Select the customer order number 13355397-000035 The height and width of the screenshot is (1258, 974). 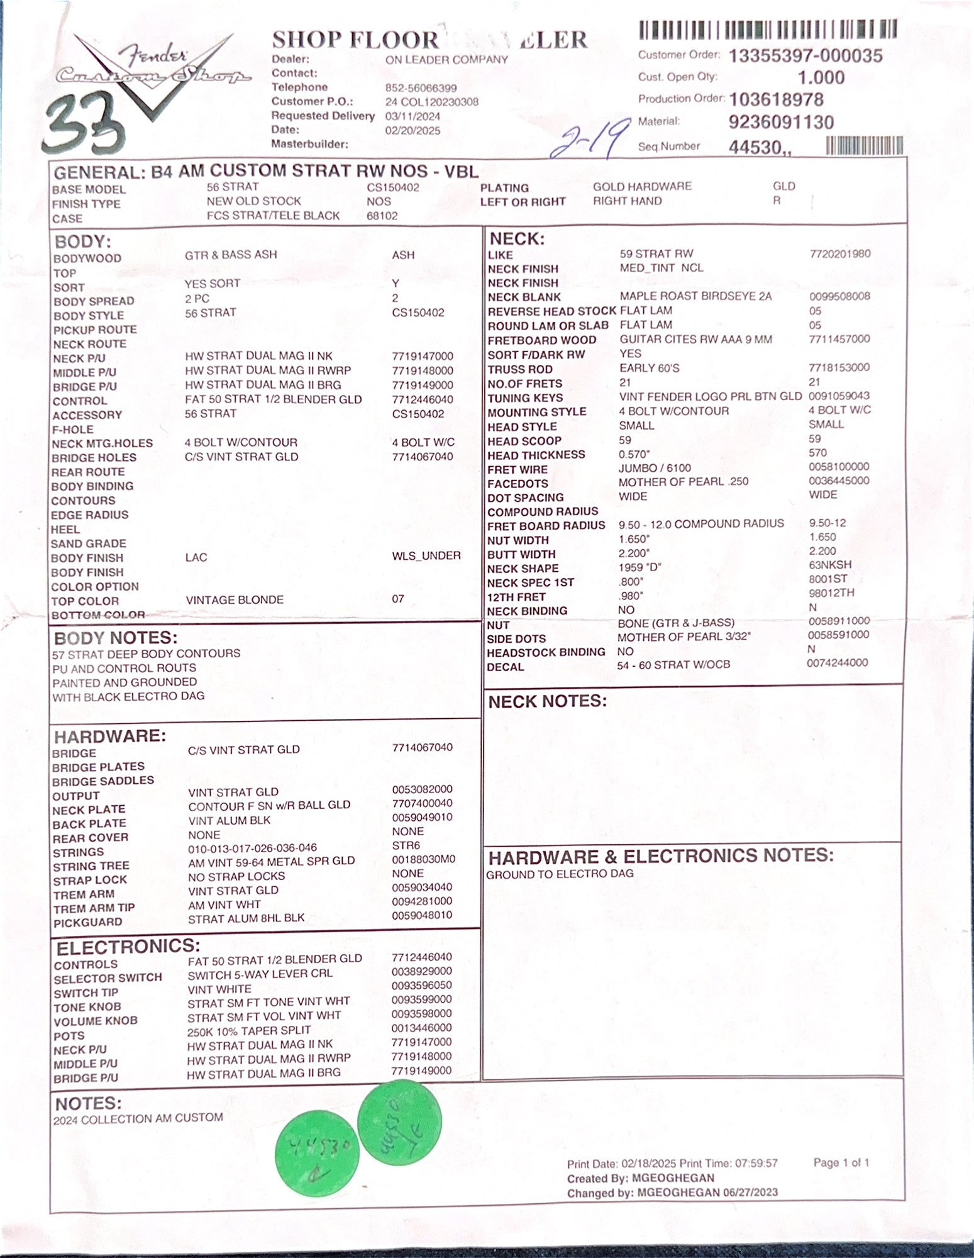[805, 56]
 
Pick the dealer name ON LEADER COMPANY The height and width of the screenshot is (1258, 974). [446, 60]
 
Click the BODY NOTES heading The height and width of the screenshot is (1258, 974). [116, 638]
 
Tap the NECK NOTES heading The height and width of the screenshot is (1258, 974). [547, 701]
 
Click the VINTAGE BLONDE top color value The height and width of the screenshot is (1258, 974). [235, 600]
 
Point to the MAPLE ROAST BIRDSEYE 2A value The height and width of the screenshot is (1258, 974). [695, 296]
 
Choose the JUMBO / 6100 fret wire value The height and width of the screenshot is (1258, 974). [654, 468]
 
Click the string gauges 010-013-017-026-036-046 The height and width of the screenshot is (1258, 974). [252, 848]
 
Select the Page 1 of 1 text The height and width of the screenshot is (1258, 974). [841, 1162]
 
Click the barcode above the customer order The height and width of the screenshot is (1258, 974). [767, 30]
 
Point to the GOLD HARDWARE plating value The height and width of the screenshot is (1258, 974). [641, 186]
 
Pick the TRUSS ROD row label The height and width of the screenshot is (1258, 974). [519, 369]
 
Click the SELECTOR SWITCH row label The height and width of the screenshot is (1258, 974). [108, 978]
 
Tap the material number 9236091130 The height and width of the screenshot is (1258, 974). [781, 122]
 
